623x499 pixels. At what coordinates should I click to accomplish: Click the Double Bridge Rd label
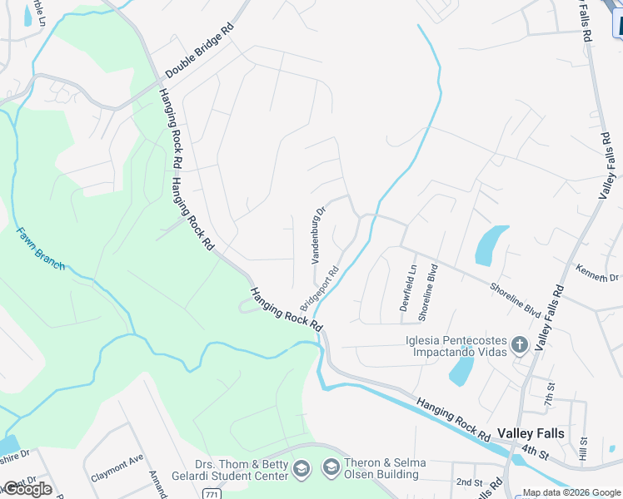point(200,52)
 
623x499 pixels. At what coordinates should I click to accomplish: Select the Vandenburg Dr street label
point(317,235)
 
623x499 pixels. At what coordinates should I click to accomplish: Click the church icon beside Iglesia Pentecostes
point(520,344)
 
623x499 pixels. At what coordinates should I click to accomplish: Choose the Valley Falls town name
point(531,433)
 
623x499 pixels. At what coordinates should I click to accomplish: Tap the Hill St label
point(583,449)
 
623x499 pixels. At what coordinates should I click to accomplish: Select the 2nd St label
point(469,482)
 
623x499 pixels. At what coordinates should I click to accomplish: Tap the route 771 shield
point(212,494)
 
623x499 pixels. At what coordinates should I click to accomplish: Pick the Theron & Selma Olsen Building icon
point(331,468)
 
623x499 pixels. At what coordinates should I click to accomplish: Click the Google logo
point(27,489)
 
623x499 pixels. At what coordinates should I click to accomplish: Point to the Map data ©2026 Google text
point(571,492)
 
